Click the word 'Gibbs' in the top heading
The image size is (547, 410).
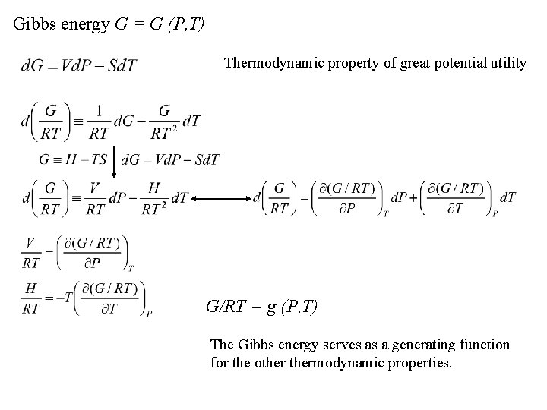34,24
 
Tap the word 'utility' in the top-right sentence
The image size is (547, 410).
507,64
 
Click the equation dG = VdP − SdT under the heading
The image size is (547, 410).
79,66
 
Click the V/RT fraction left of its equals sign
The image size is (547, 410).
30,252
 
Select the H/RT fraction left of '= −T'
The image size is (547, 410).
30,300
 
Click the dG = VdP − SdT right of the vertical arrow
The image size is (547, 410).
171,160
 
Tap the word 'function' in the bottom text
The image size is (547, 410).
482,345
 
